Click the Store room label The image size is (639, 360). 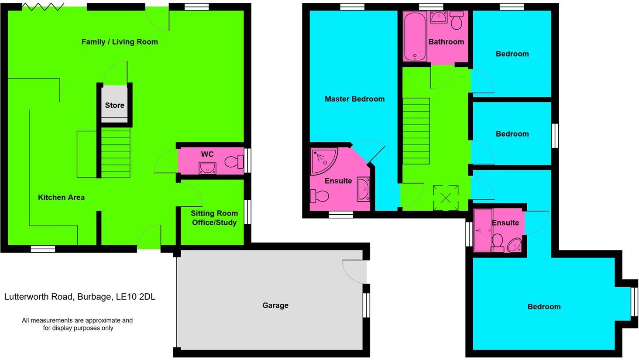pos(114,105)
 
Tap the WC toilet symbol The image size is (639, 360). pos(235,162)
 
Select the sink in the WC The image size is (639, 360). pos(207,168)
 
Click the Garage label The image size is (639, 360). pos(275,305)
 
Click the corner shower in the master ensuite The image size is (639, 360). pos(323,161)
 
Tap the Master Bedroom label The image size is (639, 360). pos(354,99)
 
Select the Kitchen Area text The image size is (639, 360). pos(61,197)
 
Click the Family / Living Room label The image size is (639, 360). pos(120,42)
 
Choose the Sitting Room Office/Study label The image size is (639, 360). pos(214,218)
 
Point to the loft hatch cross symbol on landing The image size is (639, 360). pos(446,198)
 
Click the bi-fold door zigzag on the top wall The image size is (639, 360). pos(43,7)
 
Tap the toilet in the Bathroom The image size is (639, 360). pos(457,21)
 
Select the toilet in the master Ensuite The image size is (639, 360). pos(320,196)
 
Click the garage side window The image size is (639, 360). pos(367,305)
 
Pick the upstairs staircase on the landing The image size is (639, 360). pos(416,131)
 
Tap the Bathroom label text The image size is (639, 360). pos(446,42)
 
